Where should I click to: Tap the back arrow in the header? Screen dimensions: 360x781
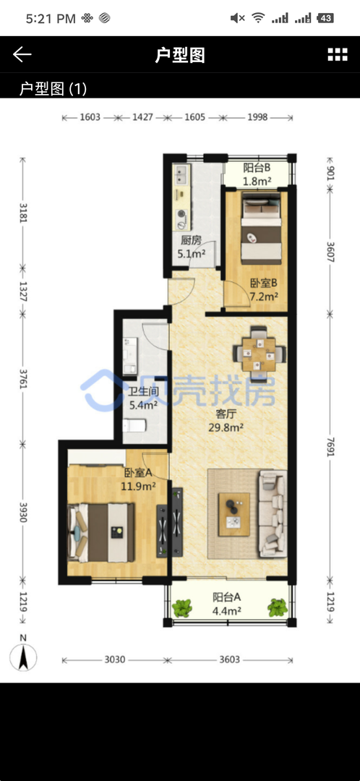pos(22,54)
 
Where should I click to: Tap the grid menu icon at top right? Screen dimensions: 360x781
pos(338,55)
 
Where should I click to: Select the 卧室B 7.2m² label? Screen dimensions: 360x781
pos(263,291)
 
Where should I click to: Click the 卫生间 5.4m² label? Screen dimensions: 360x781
pos(143,398)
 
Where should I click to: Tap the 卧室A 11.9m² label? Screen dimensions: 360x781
pos(138,479)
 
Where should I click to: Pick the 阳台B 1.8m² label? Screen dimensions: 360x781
pos(257,174)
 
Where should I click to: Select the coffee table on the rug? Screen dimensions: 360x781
pos(234,515)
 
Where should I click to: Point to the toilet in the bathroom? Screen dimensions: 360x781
pos(134,426)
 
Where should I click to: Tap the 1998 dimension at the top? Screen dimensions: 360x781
pos(257,118)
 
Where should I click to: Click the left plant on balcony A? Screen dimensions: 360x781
pos(182,607)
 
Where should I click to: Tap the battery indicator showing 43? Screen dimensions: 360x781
pos(325,18)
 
